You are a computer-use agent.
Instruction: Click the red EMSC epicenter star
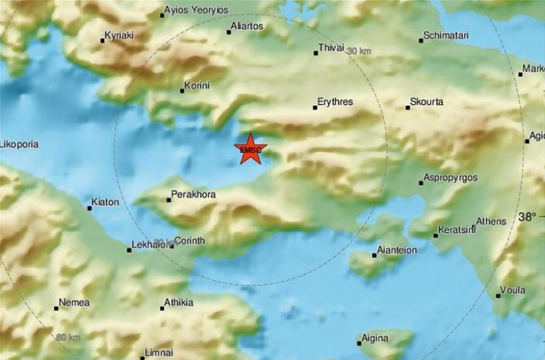point(249,149)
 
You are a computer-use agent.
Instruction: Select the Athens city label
point(490,221)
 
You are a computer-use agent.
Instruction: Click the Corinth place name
point(190,240)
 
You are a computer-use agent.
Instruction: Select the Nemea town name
point(75,303)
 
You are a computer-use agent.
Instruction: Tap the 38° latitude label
point(527,217)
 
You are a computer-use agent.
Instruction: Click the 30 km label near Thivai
point(359,52)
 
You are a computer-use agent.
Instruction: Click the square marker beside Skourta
point(408,108)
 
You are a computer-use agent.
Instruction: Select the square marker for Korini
point(182,91)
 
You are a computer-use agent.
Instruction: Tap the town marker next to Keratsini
point(435,235)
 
